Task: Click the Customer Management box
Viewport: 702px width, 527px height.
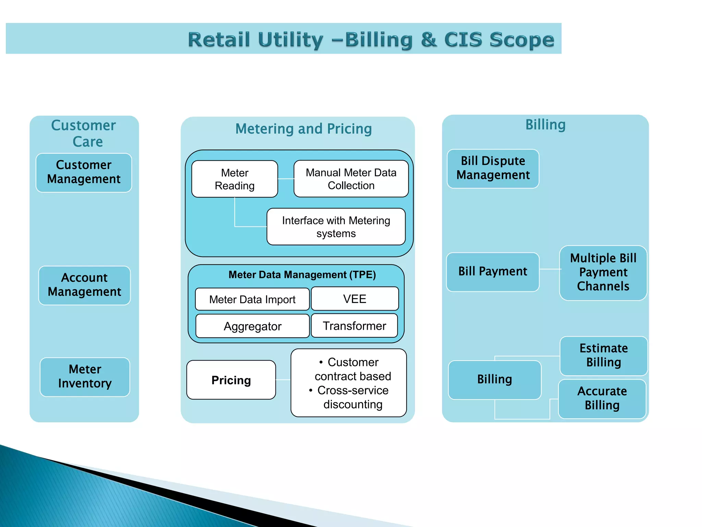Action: tap(84, 173)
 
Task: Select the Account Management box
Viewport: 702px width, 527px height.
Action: tap(84, 285)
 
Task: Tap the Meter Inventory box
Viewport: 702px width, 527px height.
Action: tap(85, 377)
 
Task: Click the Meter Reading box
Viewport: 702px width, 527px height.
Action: tap(234, 179)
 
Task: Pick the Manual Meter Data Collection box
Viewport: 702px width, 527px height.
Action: tap(351, 179)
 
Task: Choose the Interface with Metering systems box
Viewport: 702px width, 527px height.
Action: tap(336, 226)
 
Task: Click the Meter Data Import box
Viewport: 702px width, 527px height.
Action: tap(252, 299)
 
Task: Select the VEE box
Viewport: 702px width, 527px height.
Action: tap(354, 298)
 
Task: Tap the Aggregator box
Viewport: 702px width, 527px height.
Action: tap(252, 326)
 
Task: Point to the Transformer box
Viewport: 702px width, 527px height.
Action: tap(354, 326)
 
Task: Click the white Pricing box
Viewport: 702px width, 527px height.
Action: tap(231, 380)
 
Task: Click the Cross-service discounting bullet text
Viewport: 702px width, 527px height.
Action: tap(352, 397)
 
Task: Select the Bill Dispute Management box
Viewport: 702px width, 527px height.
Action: tap(493, 168)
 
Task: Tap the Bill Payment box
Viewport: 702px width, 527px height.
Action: tap(492, 271)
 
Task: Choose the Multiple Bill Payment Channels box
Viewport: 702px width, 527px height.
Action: tap(603, 272)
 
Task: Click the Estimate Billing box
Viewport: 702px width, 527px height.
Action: tap(603, 355)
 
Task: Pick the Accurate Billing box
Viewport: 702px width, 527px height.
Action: tap(602, 398)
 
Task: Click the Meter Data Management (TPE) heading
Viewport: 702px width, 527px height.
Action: tap(302, 275)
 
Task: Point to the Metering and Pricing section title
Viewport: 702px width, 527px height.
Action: tap(303, 129)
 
